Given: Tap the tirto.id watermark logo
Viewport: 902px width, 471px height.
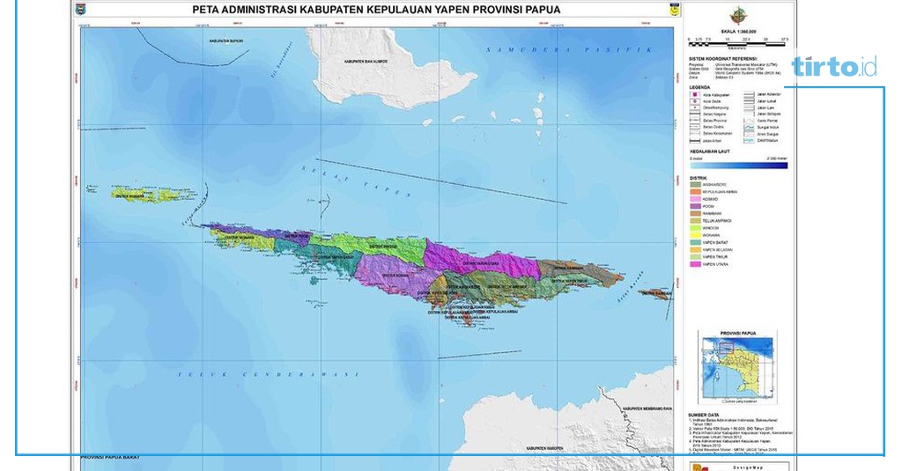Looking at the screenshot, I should (833, 67).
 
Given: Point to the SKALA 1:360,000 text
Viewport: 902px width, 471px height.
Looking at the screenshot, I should (738, 32).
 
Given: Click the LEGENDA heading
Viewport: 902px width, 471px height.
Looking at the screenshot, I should (702, 88).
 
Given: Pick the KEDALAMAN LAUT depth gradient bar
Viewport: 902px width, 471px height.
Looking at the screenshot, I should (738, 164).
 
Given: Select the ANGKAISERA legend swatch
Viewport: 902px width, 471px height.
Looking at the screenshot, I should (696, 184).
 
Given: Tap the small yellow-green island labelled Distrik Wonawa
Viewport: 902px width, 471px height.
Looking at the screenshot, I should (146, 194).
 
